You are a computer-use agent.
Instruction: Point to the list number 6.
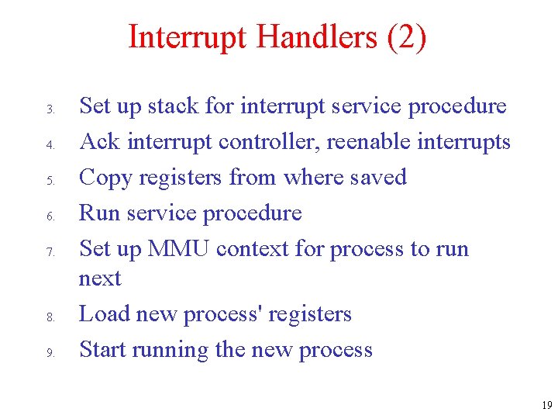pyautogui.click(x=48, y=216)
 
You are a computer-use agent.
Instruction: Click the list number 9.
pyautogui.click(x=48, y=353)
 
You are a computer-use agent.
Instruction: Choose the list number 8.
pyautogui.click(x=48, y=317)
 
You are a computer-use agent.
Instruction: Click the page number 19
pyautogui.click(x=546, y=405)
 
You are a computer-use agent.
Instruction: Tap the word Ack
pyautogui.click(x=100, y=141)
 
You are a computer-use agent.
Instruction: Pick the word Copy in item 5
pyautogui.click(x=105, y=177)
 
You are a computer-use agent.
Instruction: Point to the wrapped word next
pyautogui.click(x=100, y=279)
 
